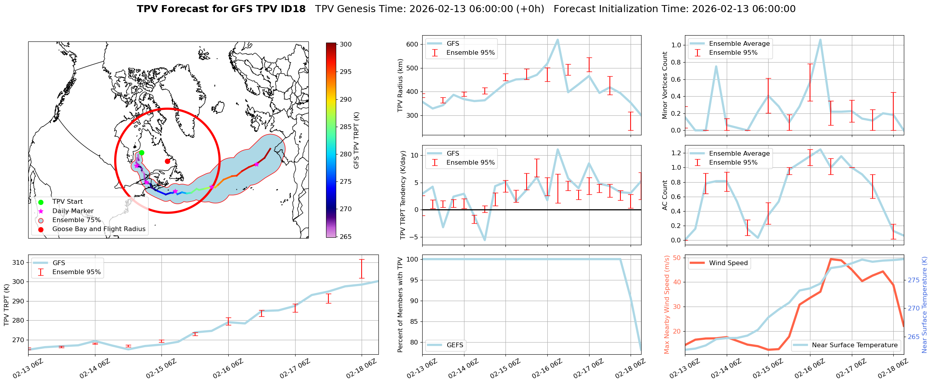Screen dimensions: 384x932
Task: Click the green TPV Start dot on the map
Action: click(x=142, y=153)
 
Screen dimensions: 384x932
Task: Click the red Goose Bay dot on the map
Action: click(x=167, y=161)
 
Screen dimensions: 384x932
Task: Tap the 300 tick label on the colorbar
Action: click(x=346, y=45)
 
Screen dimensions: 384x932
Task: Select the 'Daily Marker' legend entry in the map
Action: click(x=73, y=211)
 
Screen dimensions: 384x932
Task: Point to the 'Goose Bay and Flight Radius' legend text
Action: click(x=99, y=229)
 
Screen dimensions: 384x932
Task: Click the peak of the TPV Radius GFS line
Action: click(x=557, y=39)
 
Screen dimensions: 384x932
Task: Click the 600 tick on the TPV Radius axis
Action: click(x=413, y=45)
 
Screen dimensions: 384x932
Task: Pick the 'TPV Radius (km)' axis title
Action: click(x=400, y=85)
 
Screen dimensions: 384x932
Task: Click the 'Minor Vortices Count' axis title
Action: click(x=665, y=85)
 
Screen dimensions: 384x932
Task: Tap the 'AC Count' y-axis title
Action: click(x=665, y=195)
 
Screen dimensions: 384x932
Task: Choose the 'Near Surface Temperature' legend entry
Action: click(x=855, y=345)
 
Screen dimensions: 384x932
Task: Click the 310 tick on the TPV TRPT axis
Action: click(x=18, y=263)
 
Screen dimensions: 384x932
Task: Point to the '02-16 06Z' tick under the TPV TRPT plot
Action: click(x=228, y=369)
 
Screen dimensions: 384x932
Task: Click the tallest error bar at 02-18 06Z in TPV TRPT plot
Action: click(x=362, y=269)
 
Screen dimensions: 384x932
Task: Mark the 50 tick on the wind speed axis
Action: click(x=676, y=258)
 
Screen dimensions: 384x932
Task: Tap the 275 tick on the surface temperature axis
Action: click(x=914, y=280)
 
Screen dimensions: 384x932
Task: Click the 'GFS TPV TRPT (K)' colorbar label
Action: click(x=357, y=140)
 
